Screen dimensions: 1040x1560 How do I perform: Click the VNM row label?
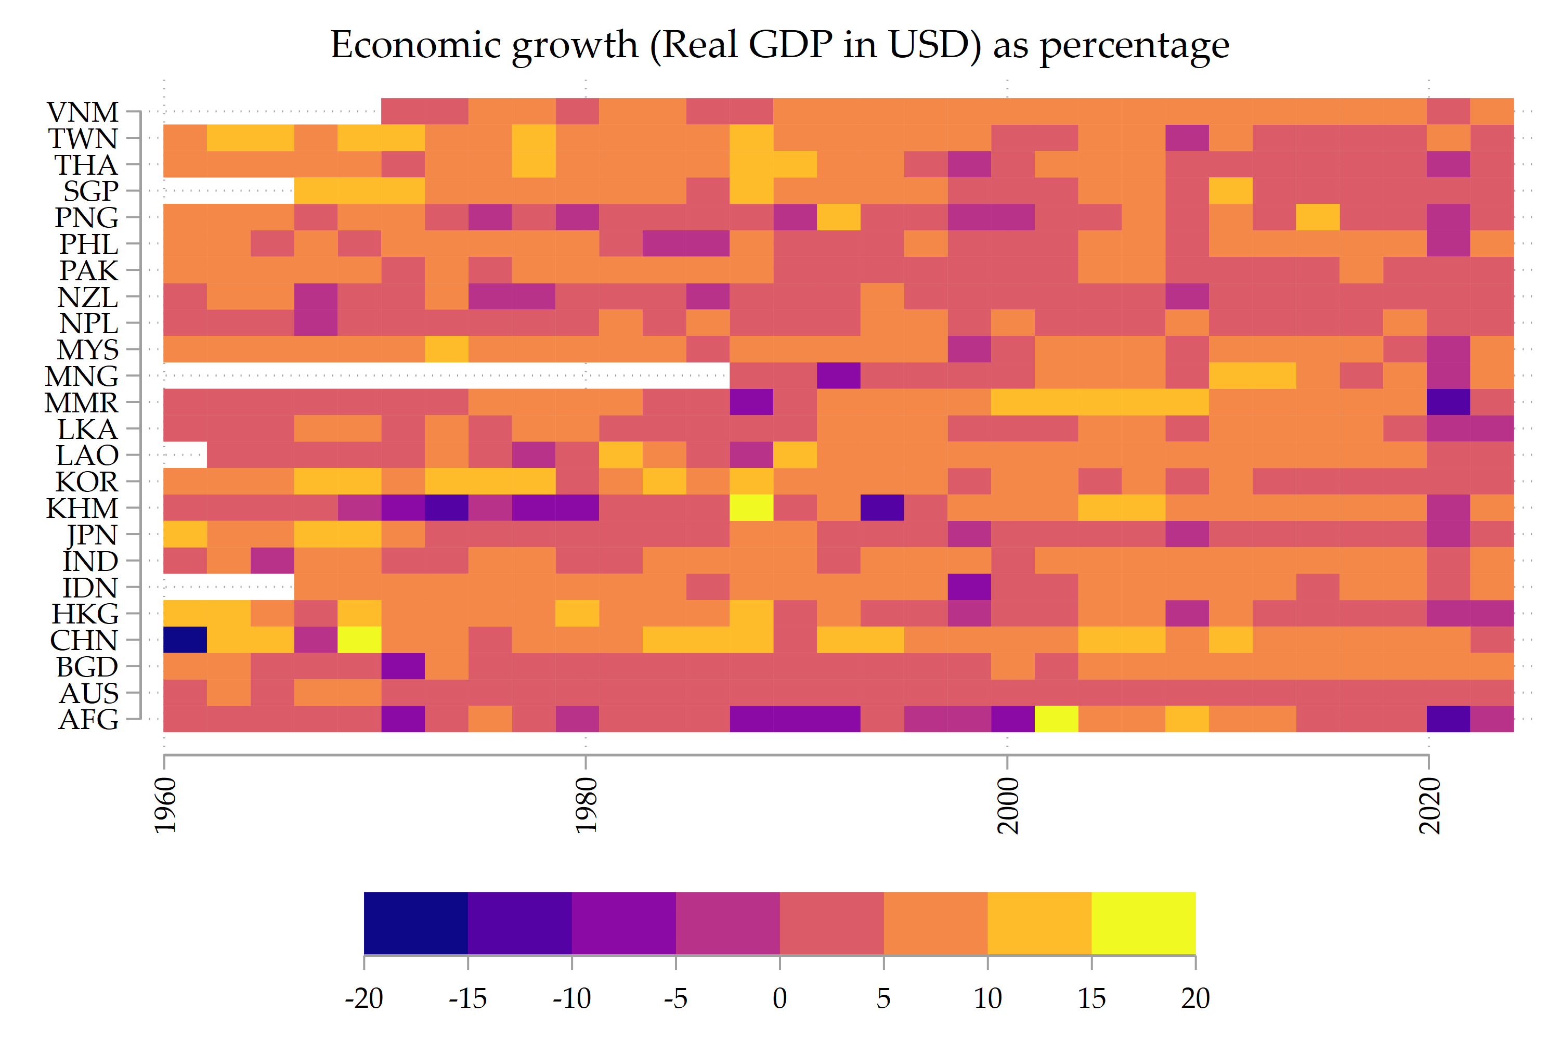click(x=82, y=112)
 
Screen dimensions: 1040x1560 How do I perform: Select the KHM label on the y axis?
click(x=82, y=509)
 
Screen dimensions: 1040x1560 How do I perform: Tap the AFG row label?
click(x=88, y=720)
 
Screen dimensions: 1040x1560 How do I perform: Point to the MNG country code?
click(x=81, y=376)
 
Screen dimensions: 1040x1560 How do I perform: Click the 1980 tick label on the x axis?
click(x=587, y=806)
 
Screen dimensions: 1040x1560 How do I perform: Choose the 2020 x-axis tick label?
click(x=1430, y=806)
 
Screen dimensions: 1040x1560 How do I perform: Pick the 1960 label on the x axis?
click(x=165, y=806)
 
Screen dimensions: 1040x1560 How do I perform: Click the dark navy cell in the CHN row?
click(x=185, y=640)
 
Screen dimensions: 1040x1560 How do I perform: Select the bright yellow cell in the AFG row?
click(x=1056, y=719)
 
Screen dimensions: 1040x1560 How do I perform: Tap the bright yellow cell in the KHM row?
click(x=751, y=508)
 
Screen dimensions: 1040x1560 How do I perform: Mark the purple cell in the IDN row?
click(x=969, y=587)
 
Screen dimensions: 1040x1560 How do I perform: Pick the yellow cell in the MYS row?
click(x=446, y=349)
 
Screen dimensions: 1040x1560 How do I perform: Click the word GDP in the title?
click(x=790, y=45)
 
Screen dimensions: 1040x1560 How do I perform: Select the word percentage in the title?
click(x=1134, y=46)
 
